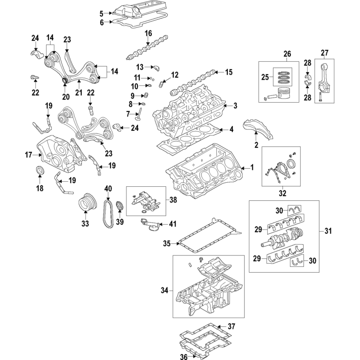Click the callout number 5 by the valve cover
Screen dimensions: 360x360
(x=102, y=13)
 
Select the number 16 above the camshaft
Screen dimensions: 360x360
(x=148, y=33)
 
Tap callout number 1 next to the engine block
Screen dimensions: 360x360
(x=252, y=168)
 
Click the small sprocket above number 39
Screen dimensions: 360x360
(x=119, y=207)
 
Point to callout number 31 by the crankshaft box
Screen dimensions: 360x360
(x=328, y=231)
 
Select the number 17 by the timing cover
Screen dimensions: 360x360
(x=28, y=155)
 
